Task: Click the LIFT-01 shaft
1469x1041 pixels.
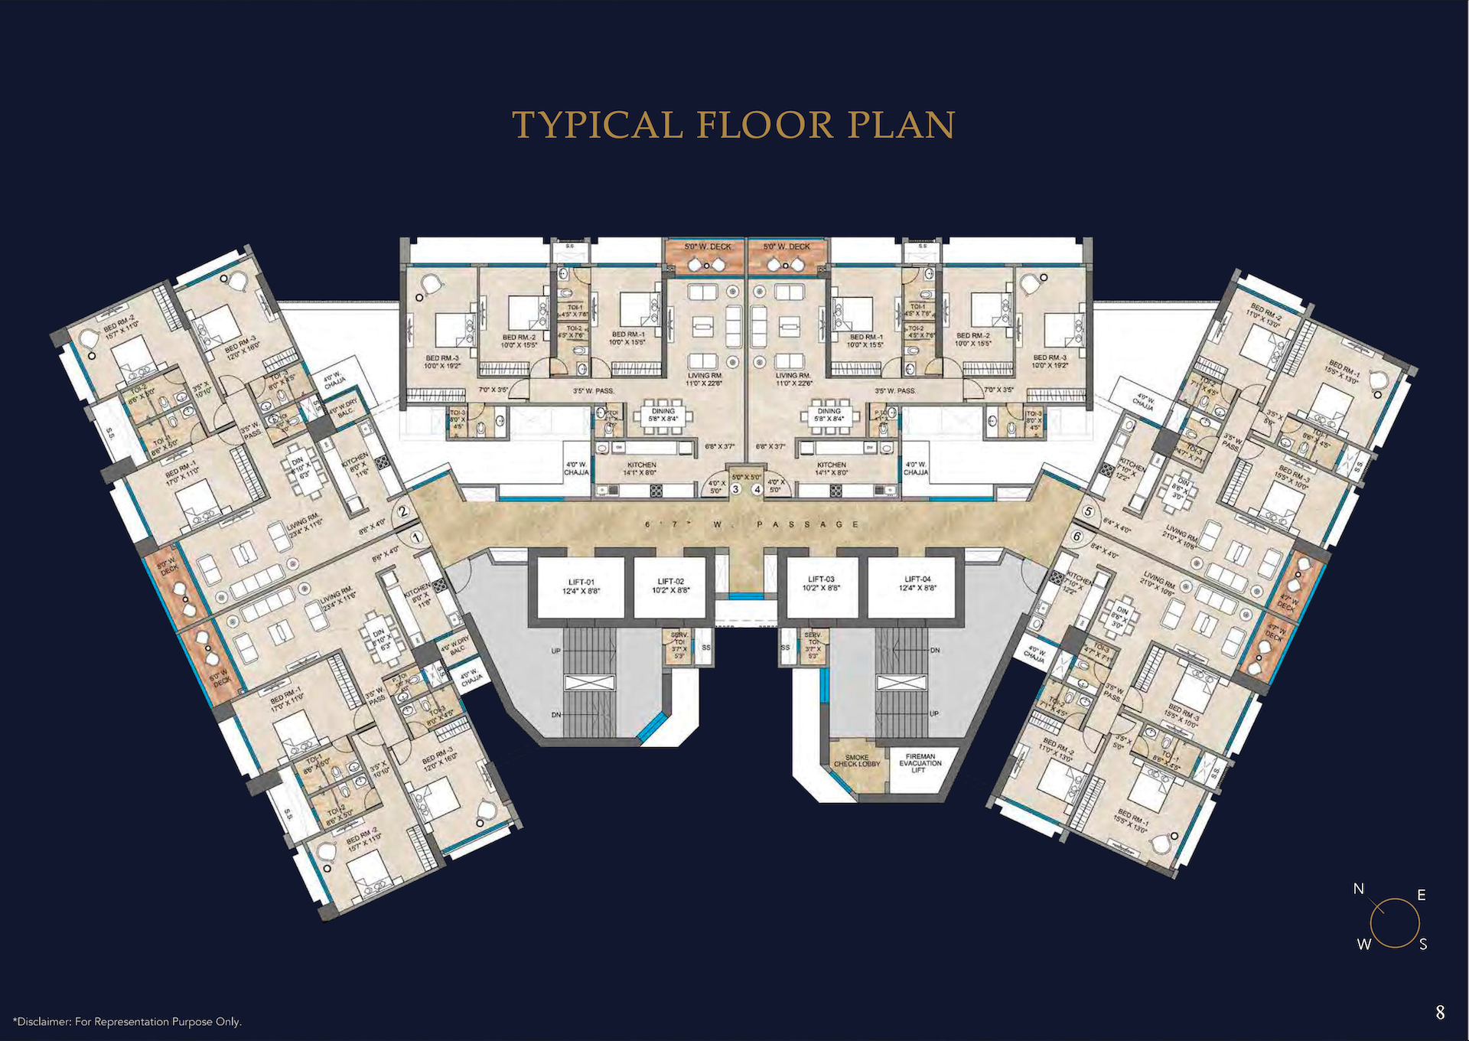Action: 581,587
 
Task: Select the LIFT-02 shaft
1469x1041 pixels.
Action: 670,587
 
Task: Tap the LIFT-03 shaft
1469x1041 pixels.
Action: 820,587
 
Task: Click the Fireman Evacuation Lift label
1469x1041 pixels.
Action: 920,763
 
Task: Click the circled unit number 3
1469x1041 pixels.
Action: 736,489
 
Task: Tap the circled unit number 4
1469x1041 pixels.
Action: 757,489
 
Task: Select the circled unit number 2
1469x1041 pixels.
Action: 403,513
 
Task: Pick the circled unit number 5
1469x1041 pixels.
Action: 1089,511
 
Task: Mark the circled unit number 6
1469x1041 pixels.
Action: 1077,537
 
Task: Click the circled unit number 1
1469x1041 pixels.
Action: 415,537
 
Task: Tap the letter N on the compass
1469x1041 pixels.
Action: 1358,889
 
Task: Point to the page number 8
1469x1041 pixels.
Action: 1440,1013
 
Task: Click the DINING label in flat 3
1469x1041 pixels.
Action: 663,411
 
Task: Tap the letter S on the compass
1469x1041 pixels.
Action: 1423,945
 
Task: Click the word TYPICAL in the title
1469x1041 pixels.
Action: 597,125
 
